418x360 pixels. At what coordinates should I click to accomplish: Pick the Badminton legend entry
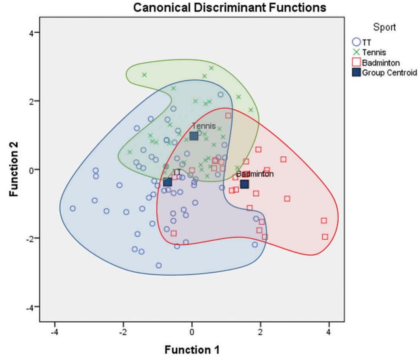(378, 62)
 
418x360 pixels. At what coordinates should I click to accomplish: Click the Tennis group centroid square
(194, 136)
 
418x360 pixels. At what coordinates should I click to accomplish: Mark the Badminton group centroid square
(244, 184)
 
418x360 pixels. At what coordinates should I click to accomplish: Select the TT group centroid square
(167, 182)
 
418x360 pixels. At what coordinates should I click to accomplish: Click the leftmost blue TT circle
(72, 208)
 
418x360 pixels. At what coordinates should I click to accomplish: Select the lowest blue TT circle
(158, 265)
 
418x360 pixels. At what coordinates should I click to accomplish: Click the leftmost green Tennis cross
(130, 152)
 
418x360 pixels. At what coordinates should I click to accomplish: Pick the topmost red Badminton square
(228, 115)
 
